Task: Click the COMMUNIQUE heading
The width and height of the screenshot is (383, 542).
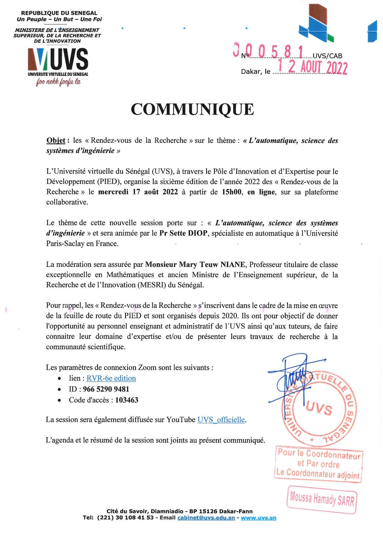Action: [192, 109]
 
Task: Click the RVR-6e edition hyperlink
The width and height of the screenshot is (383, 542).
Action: [111, 378]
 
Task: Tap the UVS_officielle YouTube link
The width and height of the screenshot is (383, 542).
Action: [221, 420]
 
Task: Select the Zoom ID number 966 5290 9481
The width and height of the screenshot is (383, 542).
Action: [106, 389]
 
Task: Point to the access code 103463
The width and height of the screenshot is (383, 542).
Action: [127, 400]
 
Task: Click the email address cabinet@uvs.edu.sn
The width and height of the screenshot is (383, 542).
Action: [206, 518]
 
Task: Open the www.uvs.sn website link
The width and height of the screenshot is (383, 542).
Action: [259, 518]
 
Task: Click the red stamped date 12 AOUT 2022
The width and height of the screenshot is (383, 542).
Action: [313, 67]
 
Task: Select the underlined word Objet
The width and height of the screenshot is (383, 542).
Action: [56, 141]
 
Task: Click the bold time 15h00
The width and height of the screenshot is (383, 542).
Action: [231, 192]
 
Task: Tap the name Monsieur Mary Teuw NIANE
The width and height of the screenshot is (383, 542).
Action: [195, 265]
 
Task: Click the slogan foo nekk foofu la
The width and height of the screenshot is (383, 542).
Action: [58, 82]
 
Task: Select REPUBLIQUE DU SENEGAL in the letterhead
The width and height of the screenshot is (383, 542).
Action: [59, 13]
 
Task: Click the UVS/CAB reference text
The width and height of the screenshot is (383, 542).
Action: [327, 56]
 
